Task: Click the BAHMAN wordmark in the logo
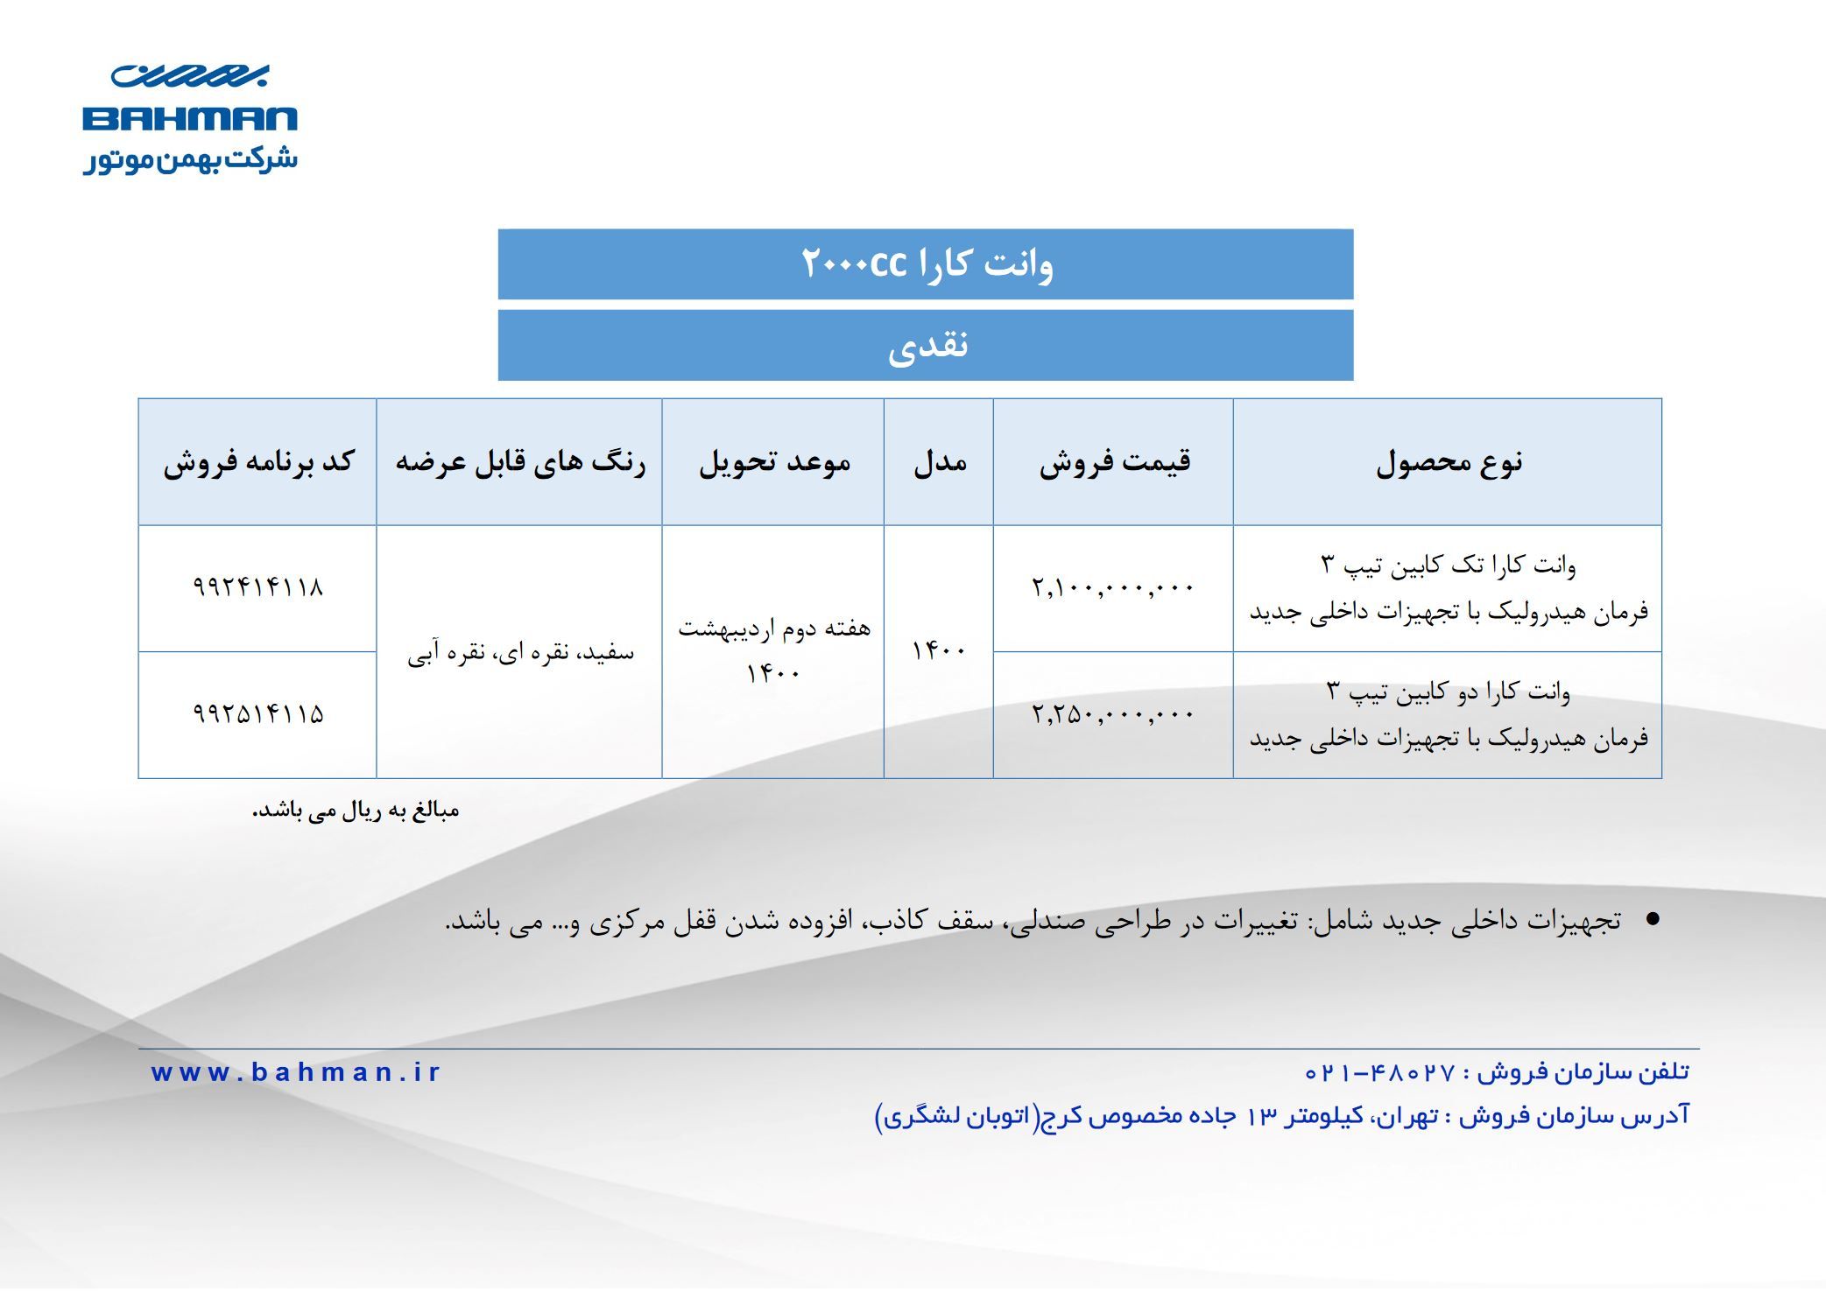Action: (x=190, y=119)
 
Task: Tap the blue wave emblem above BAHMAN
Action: (x=190, y=76)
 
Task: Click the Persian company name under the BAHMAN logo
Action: (x=190, y=160)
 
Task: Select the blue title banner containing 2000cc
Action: (x=926, y=264)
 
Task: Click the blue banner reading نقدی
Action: (x=926, y=346)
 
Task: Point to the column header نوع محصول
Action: (x=1449, y=462)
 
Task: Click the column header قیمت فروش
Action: (x=1114, y=461)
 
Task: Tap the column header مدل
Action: (x=940, y=461)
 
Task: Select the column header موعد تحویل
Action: (x=774, y=461)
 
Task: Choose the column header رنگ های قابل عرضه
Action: (x=520, y=461)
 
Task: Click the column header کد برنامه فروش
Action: (x=258, y=461)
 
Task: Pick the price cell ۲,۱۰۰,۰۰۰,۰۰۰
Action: (x=1112, y=586)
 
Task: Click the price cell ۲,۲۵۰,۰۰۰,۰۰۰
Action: (x=1112, y=714)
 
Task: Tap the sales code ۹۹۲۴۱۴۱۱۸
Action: (x=258, y=586)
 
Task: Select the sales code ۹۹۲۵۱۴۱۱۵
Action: (x=258, y=714)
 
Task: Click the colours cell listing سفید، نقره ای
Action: (x=520, y=652)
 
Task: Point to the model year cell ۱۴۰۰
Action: (x=939, y=651)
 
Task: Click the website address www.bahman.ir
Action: (x=295, y=1072)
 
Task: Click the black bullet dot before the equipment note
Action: (x=1653, y=919)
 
